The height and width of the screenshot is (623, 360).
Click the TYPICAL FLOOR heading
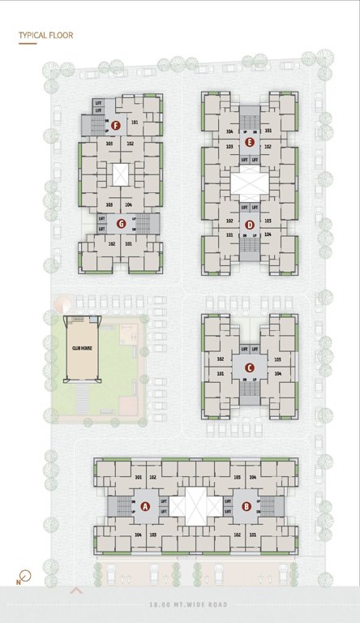point(45,36)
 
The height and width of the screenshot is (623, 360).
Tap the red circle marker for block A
point(146,506)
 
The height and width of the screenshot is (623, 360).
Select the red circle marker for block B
point(246,507)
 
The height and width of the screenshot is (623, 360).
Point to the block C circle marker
point(249,367)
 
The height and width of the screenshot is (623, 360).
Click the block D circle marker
point(249,225)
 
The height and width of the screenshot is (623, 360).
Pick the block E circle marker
point(250,142)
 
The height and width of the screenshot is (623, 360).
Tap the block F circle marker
point(117,126)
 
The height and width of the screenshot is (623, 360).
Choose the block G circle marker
point(121,223)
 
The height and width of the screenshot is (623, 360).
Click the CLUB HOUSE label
point(81,347)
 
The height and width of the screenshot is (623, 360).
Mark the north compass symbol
point(24,578)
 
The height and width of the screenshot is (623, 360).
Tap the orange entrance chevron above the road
point(77,591)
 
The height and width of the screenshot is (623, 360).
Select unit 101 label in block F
point(134,122)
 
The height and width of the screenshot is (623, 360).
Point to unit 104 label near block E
point(229,131)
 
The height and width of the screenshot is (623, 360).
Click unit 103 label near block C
point(278,359)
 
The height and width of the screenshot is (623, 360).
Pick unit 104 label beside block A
point(138,535)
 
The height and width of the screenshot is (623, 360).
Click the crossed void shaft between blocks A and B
point(196,505)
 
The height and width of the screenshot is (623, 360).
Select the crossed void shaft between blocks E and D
point(249,184)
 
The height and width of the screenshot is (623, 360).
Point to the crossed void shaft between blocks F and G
point(121,175)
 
